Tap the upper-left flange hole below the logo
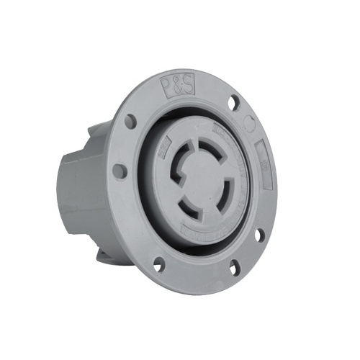click(132, 120)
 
